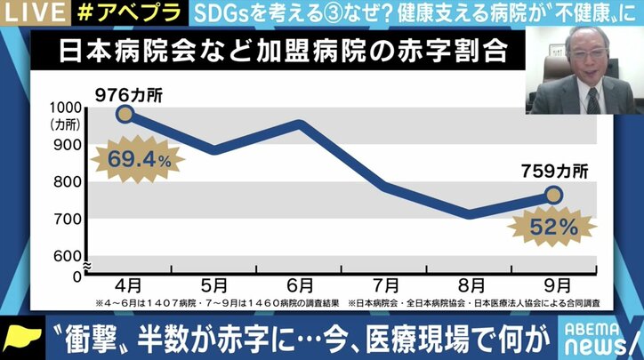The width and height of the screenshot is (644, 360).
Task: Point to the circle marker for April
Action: [125, 113]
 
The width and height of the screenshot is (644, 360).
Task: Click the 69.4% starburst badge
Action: [137, 161]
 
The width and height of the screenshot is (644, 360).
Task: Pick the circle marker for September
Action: [554, 195]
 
